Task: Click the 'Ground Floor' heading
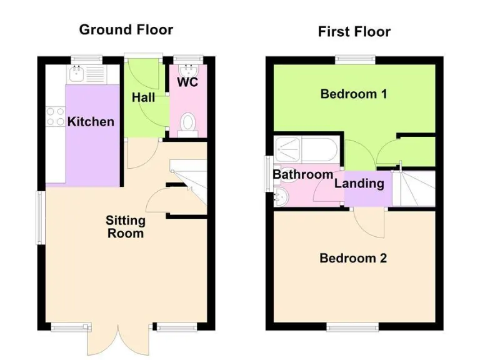126,29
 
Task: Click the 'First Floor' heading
354,32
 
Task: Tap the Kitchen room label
91,121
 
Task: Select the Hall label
143,98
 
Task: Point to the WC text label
187,82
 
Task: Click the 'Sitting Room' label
125,227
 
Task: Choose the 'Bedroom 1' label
353,94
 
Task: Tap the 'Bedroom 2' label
353,258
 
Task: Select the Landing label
359,183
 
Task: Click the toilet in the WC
187,123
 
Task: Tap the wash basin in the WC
187,69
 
